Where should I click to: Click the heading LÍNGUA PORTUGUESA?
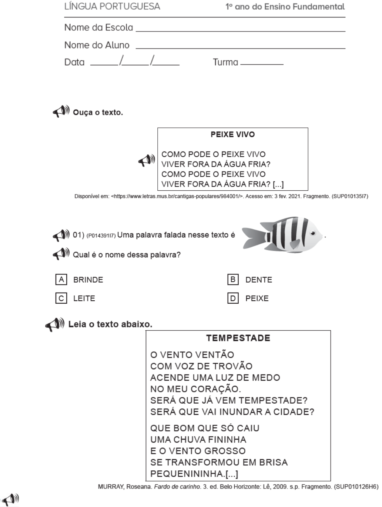112,7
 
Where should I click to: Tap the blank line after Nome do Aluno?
241,48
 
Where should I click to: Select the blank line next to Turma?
262,64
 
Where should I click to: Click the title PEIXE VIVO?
232,134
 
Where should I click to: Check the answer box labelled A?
61,279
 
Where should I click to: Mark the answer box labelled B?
233,279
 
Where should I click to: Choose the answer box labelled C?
61,298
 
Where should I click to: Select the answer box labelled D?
233,298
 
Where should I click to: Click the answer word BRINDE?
88,280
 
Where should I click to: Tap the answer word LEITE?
84,298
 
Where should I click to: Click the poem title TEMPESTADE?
238,338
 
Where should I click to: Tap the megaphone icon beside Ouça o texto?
61,111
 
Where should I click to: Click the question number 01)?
78,235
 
